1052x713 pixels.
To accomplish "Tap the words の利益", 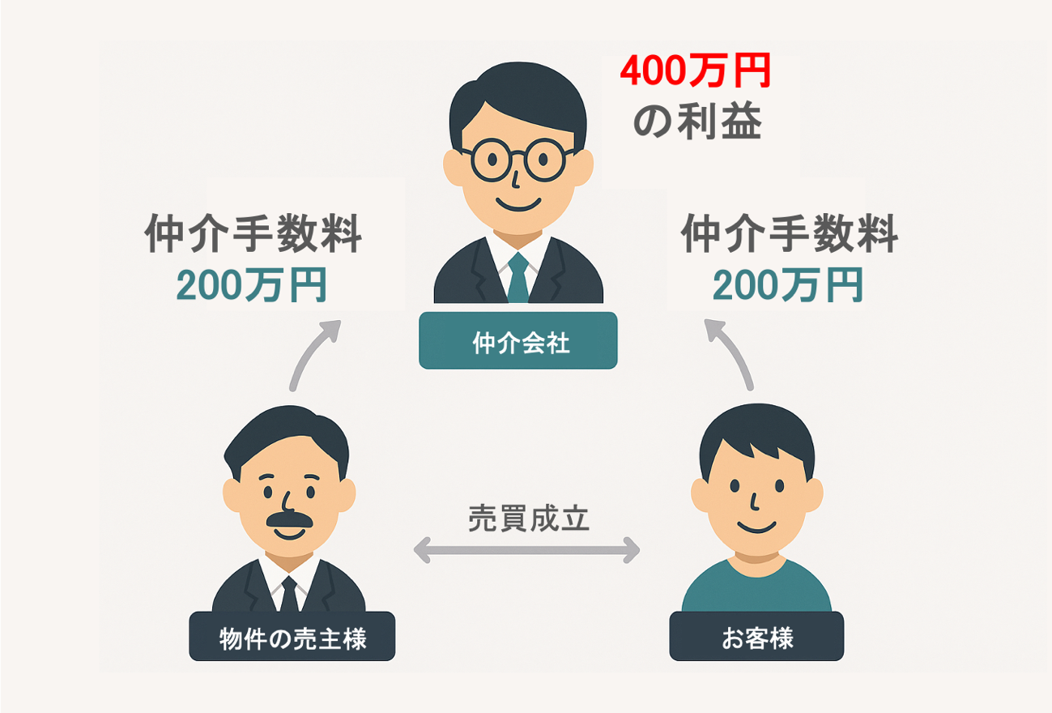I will pos(697,124).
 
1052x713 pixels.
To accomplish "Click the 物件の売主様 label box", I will pos(292,638).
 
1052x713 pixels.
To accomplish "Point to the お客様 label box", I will pos(756,638).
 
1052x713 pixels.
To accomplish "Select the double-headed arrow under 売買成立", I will pos(526,552).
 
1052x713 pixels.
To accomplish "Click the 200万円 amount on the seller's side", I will pos(252,284).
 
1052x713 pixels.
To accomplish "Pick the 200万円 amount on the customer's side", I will pos(788,284).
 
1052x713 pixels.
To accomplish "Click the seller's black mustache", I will pos(289,519).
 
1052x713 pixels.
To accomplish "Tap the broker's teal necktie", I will pos(518,275).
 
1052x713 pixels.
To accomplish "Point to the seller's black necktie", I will pos(289,596).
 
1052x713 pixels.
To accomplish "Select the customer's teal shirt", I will pos(756,587).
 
